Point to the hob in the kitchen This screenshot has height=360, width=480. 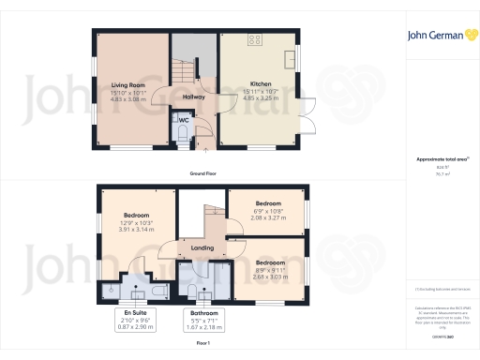253,40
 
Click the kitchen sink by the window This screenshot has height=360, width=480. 292,61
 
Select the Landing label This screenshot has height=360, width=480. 202,247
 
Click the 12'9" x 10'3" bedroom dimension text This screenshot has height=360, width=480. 137,222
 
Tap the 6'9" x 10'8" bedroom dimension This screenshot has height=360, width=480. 268,210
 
